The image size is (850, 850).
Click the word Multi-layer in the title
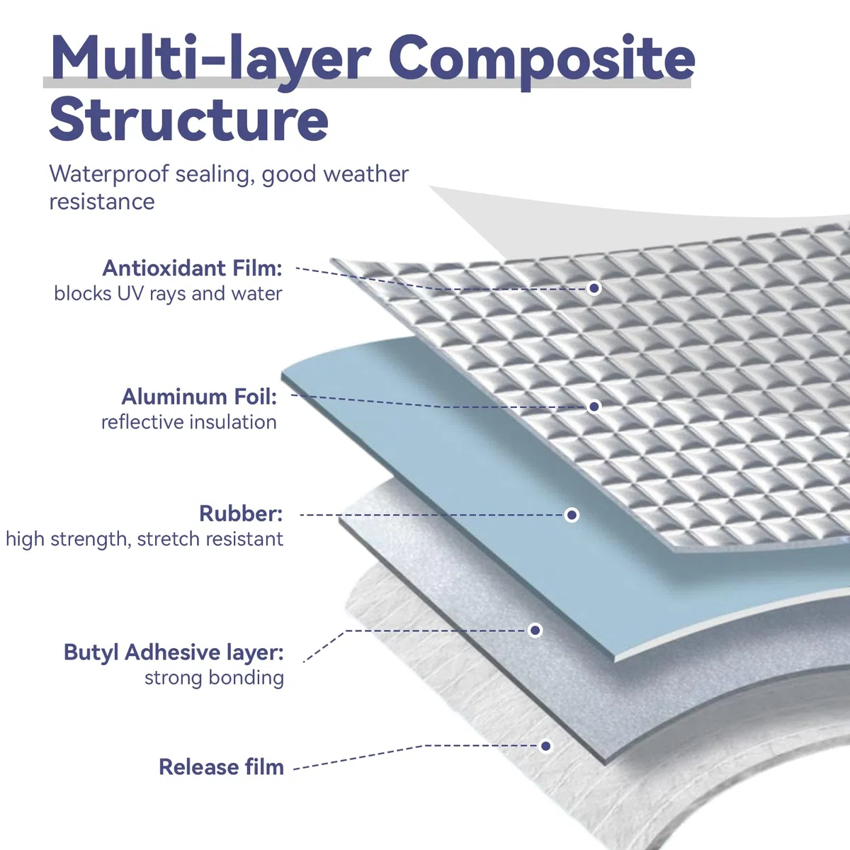point(210,60)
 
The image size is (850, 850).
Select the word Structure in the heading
point(189,119)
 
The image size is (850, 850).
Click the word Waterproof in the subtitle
point(108,174)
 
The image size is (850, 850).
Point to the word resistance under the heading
point(102,202)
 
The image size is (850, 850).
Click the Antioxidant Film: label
point(193,268)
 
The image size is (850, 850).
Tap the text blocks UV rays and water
point(168,294)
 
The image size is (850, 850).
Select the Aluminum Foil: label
point(199,397)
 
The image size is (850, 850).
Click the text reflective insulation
point(189,422)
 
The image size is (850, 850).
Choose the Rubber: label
point(241,514)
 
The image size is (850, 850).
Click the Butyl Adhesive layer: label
point(174,652)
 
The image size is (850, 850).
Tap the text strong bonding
point(215,678)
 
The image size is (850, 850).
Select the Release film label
point(222,767)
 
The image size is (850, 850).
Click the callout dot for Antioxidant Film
point(594,288)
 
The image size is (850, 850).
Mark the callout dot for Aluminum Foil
point(594,407)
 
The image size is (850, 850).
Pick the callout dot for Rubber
point(572,515)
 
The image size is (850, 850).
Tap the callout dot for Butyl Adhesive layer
point(535,630)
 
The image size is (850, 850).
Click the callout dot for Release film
point(545,746)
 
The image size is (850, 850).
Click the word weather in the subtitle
point(365,174)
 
